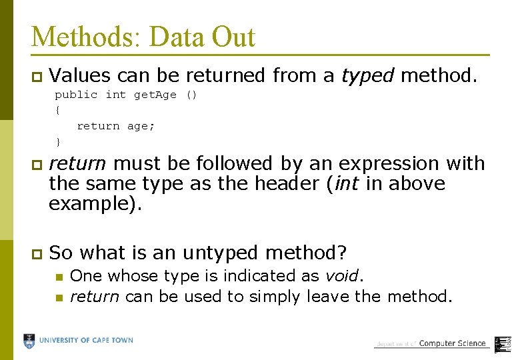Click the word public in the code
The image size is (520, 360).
point(76,95)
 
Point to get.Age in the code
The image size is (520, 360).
point(155,95)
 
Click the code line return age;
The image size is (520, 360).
point(115,126)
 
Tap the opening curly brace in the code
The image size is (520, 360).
point(58,110)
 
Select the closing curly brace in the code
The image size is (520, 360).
point(58,141)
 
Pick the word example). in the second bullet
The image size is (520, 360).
point(95,203)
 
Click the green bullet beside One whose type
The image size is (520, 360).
point(59,277)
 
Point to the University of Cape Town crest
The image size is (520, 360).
point(29,341)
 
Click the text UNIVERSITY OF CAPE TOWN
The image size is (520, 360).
point(86,341)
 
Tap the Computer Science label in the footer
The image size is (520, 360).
point(452,343)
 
